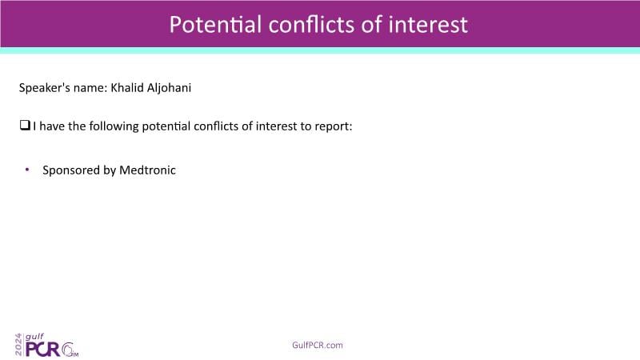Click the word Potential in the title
tap(215, 24)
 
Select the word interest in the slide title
tap(428, 24)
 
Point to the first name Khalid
tap(127, 88)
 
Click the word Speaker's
tap(44, 88)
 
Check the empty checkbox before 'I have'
tap(25, 125)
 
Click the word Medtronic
tap(147, 170)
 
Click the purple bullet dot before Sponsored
tap(27, 170)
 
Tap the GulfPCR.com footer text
tap(318, 345)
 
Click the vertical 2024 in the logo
tap(18, 345)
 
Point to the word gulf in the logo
tap(34, 337)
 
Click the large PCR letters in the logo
tap(43, 350)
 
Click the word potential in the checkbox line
tap(166, 127)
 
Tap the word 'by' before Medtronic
tap(110, 170)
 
